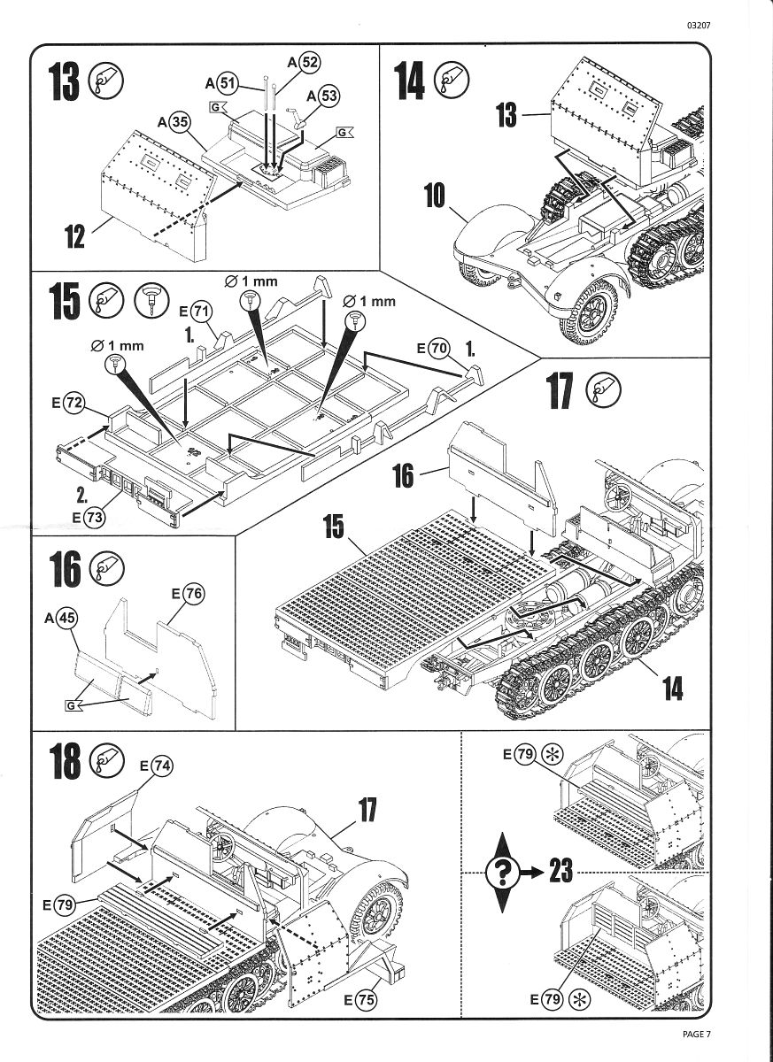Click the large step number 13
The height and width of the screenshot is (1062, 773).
pos(64,82)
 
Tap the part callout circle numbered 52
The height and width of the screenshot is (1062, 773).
pos(309,62)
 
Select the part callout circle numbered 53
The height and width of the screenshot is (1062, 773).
pos(329,96)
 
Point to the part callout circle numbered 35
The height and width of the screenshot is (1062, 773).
pos(180,122)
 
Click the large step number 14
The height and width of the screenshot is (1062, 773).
pos(410,82)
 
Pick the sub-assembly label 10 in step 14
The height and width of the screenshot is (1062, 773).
pos(434,196)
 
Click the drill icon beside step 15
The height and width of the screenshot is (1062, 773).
pos(151,302)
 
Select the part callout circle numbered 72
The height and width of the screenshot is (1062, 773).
pos(74,404)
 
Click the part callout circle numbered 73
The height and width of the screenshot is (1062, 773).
pos(90,519)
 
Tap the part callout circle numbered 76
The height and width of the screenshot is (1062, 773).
pos(194,594)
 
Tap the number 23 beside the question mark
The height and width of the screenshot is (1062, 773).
pos(560,872)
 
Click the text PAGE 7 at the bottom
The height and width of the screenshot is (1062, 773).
pos(697,1034)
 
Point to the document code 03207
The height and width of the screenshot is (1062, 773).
pos(698,25)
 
